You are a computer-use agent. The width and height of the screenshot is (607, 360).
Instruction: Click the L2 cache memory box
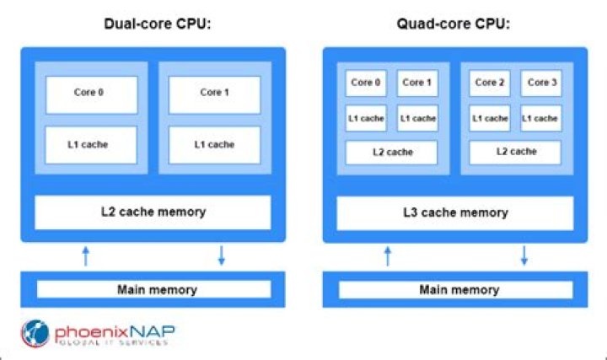(153, 212)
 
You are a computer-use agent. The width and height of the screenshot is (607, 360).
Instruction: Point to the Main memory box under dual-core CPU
(153, 289)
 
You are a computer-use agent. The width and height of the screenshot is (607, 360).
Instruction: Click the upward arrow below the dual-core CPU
(85, 255)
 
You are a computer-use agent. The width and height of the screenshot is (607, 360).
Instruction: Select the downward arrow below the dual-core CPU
(222, 255)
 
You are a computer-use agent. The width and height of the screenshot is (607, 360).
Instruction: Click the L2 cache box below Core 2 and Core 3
(514, 153)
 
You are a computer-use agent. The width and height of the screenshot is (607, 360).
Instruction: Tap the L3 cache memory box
(456, 212)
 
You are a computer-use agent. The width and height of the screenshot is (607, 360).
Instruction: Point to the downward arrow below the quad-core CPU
(524, 255)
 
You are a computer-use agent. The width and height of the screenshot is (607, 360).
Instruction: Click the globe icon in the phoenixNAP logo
(35, 335)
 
